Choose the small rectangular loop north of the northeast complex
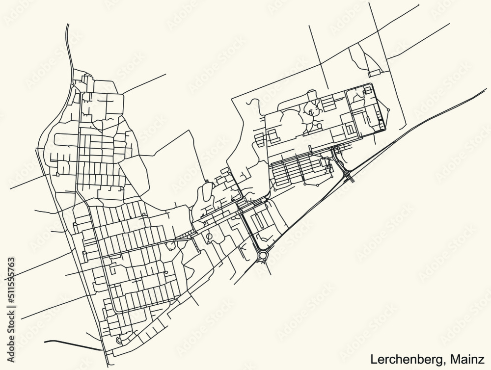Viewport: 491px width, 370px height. [375, 73]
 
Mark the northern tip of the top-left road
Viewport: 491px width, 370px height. [66, 24]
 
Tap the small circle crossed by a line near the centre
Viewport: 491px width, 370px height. [209, 237]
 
